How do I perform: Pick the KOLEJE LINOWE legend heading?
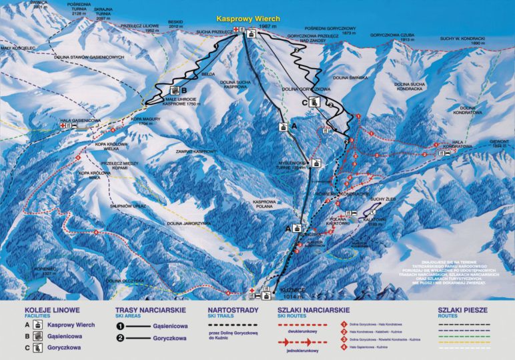[52, 310]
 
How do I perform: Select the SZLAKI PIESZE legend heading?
[462, 310]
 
